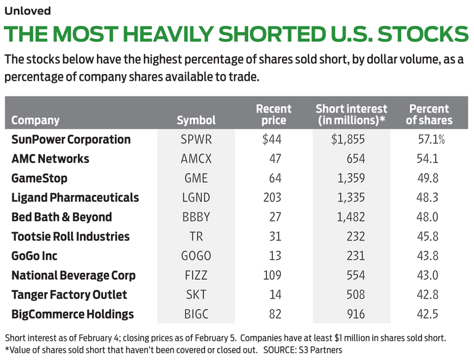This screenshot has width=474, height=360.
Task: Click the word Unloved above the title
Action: [28, 10]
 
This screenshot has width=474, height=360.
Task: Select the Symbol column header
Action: [196, 120]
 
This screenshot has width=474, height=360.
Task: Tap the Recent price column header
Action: [273, 114]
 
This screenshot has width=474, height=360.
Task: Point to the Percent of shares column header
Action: [429, 114]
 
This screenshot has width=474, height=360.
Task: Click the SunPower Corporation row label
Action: [71, 140]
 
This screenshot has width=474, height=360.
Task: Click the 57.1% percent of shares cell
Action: [431, 140]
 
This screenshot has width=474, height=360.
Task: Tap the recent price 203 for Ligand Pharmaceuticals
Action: [272, 198]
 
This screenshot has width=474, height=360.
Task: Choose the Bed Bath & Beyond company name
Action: [62, 217]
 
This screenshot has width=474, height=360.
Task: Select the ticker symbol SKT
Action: [196, 295]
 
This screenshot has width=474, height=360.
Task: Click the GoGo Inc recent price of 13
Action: [275, 256]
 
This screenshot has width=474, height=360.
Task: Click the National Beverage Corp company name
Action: [73, 275]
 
